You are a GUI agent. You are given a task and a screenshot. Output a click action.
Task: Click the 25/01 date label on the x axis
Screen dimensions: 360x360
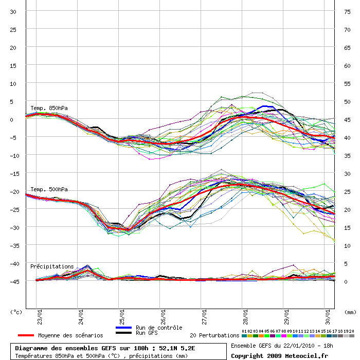[122, 317]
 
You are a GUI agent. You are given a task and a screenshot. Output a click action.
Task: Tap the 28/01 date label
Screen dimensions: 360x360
[245, 317]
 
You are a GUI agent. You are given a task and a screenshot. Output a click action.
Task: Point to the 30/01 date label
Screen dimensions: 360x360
[328, 317]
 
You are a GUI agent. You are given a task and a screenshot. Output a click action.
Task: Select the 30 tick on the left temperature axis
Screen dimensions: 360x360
[13, 12]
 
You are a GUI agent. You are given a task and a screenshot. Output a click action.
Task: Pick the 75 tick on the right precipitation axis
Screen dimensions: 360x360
[347, 12]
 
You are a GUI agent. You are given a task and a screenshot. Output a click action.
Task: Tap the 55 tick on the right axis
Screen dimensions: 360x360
[347, 84]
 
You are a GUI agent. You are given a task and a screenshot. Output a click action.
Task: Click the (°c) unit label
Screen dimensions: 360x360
[16, 312]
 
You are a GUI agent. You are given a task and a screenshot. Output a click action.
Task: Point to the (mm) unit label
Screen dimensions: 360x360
[350, 312]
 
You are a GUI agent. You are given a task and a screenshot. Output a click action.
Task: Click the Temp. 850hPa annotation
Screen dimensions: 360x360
[49, 108]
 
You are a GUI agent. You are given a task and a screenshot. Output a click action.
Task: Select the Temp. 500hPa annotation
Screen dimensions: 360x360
[49, 189]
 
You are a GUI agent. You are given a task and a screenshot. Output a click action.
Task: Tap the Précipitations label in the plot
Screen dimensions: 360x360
[52, 266]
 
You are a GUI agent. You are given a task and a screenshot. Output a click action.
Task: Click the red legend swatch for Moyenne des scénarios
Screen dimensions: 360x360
[26, 335]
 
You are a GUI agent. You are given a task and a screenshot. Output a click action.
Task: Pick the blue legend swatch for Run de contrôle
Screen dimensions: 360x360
[124, 328]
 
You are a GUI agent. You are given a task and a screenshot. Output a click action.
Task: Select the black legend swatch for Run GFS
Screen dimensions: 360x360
[124, 333]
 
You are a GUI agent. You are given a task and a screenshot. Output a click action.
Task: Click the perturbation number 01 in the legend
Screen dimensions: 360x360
[244, 331]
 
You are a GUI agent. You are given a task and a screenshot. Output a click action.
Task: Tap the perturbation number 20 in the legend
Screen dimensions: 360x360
[351, 331]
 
